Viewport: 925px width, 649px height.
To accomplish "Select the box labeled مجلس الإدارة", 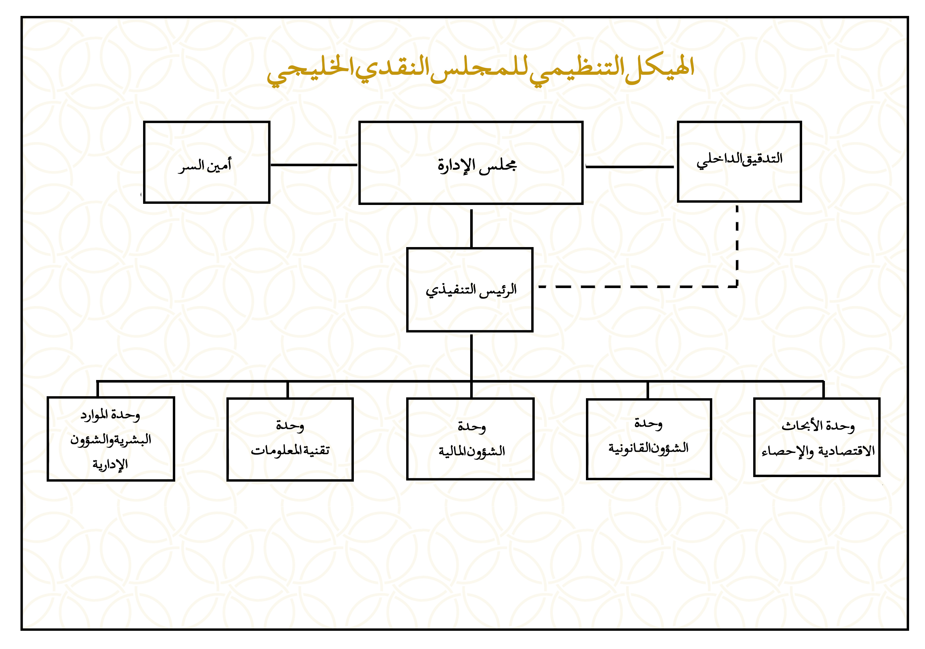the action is pyautogui.click(x=470, y=163).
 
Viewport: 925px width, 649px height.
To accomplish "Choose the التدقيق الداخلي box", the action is pyautogui.click(x=739, y=161).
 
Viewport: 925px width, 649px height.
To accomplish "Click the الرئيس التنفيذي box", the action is pyautogui.click(x=470, y=290).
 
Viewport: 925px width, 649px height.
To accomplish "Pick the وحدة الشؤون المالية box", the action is pyautogui.click(x=470, y=439).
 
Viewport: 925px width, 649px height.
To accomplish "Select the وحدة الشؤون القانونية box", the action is pyautogui.click(x=649, y=439).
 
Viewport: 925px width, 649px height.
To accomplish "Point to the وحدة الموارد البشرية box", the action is pyautogui.click(x=111, y=439).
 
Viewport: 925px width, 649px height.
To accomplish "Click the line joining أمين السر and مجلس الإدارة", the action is pyautogui.click(x=314, y=165).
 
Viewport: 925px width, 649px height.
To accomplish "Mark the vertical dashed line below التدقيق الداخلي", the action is pyautogui.click(x=737, y=246).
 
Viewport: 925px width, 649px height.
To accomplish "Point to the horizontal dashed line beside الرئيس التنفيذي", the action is pyautogui.click(x=638, y=287).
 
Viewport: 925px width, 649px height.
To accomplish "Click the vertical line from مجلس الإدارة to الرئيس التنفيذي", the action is pyautogui.click(x=471, y=228).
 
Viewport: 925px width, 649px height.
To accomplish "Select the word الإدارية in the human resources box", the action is pyautogui.click(x=110, y=464).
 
